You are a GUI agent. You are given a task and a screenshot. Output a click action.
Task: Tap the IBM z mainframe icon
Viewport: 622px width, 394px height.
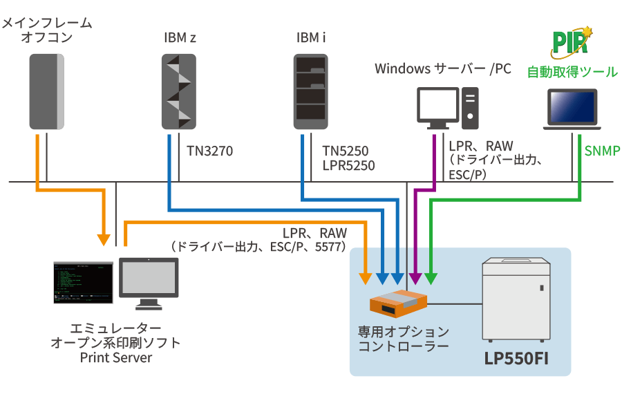coord(180,91)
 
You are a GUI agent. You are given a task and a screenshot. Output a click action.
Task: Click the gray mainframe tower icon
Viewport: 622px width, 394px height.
coord(47,91)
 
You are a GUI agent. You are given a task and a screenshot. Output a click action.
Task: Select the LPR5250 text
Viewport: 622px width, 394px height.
coord(348,166)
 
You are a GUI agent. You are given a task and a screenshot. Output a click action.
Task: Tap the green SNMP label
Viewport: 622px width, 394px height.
coord(602,150)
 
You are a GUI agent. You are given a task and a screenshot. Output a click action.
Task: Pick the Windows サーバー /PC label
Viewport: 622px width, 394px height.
coord(443,69)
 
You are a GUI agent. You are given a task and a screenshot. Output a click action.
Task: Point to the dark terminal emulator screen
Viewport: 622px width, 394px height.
coord(84,283)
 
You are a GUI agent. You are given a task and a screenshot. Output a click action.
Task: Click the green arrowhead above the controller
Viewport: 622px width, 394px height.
coord(431,279)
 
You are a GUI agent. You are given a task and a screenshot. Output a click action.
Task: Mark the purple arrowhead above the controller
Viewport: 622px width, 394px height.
coord(415,279)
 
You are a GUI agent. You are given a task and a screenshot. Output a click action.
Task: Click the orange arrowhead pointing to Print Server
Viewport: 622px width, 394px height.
coord(104,240)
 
